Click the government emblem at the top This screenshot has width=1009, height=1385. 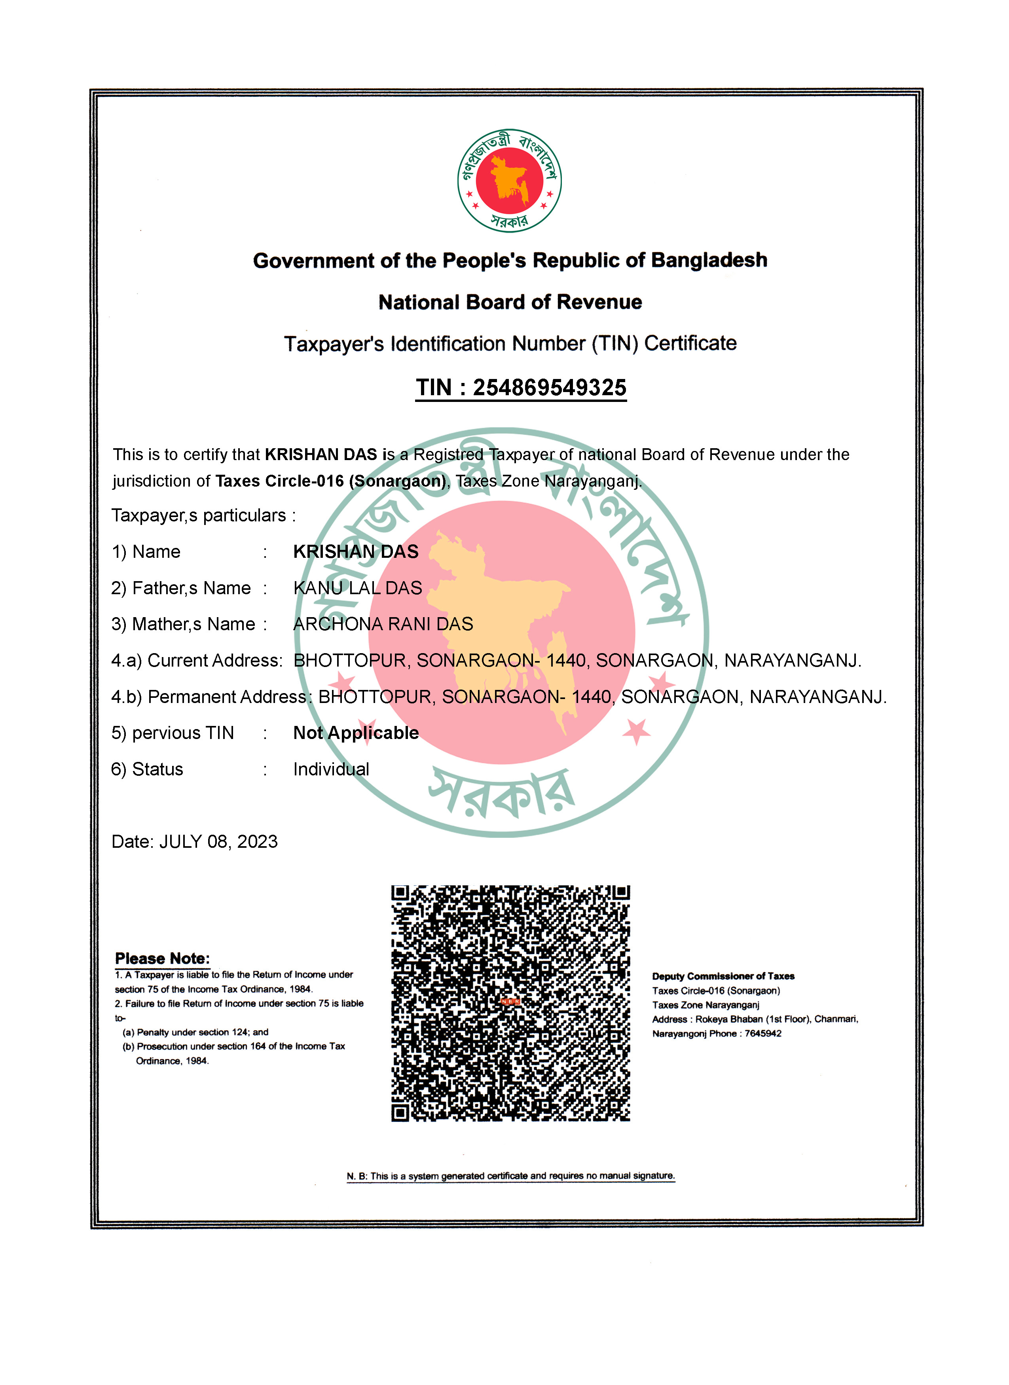509,181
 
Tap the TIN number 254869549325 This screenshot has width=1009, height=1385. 549,387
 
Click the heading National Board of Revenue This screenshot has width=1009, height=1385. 510,302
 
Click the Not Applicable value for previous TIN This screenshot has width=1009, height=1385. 355,732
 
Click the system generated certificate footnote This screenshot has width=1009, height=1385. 510,1176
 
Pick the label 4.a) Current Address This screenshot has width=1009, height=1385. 197,660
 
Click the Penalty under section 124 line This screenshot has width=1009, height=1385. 195,1032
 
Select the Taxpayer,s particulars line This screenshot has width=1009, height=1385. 203,515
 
